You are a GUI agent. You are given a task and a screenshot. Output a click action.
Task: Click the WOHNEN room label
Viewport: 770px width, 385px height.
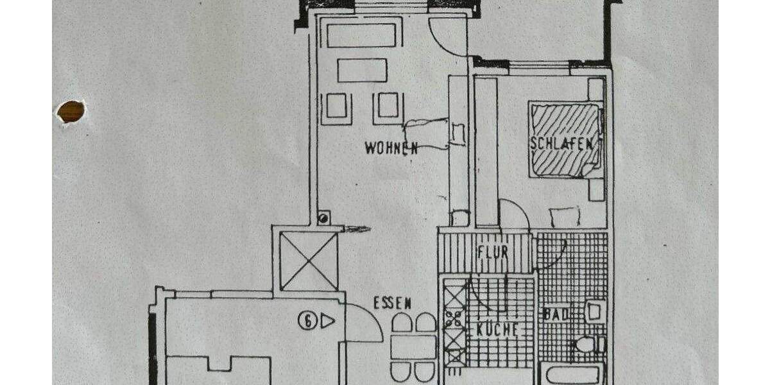point(391,148)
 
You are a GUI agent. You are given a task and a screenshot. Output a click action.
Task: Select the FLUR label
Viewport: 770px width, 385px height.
point(493,252)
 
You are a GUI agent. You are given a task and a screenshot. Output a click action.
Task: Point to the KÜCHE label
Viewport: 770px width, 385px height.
point(497,330)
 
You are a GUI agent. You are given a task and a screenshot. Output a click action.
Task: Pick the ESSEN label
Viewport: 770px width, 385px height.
point(392,304)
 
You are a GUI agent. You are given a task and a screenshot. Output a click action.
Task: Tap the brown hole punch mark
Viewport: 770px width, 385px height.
point(71,111)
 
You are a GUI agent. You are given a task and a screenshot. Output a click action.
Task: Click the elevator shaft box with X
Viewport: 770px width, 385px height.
point(309,261)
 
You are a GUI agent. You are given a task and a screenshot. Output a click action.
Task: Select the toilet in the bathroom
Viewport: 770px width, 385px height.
point(587,345)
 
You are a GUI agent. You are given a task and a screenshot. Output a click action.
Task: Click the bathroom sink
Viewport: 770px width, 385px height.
point(594,311)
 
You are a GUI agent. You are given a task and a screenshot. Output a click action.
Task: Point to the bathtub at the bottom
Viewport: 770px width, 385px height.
point(570,373)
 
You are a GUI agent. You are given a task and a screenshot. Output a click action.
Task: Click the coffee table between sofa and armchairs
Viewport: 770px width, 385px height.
point(362,70)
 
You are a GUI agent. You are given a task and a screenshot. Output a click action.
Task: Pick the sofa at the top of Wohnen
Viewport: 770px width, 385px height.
point(361,35)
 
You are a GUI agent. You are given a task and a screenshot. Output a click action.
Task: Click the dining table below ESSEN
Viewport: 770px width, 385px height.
point(413,347)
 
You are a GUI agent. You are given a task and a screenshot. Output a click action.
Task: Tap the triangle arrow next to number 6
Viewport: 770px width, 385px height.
point(327,320)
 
